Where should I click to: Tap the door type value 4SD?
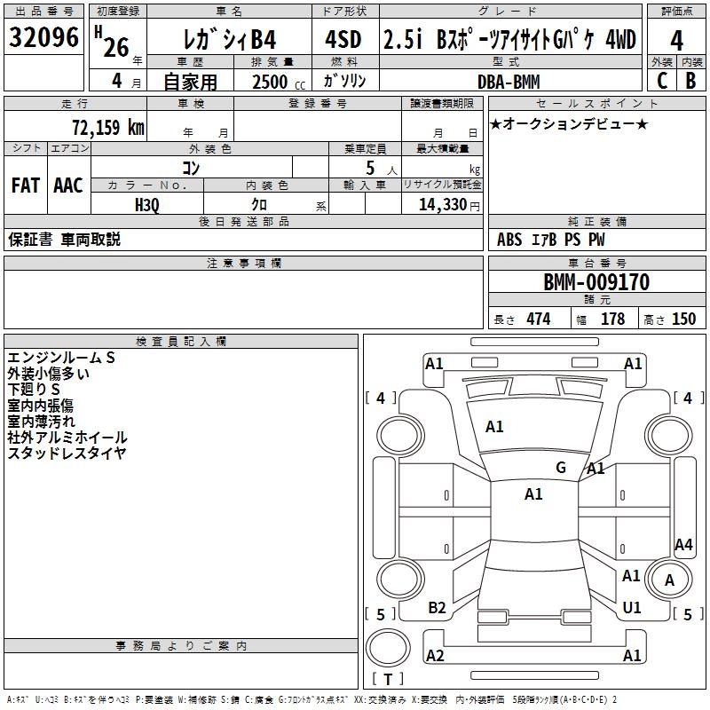[344, 39]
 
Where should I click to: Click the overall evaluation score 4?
[677, 39]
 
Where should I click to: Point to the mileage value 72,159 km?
[107, 127]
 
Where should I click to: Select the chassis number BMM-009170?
[596, 282]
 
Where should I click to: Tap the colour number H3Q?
[147, 204]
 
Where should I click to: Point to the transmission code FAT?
[26, 185]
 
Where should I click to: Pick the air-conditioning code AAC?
[68, 185]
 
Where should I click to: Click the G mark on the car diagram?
[560, 468]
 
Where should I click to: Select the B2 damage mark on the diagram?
[437, 608]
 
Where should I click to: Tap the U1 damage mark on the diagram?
[632, 608]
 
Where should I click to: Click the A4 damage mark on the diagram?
[683, 545]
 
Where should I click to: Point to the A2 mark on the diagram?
[435, 656]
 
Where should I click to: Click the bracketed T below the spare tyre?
[387, 680]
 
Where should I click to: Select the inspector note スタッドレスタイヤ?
[67, 453]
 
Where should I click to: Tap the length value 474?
[538, 319]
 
